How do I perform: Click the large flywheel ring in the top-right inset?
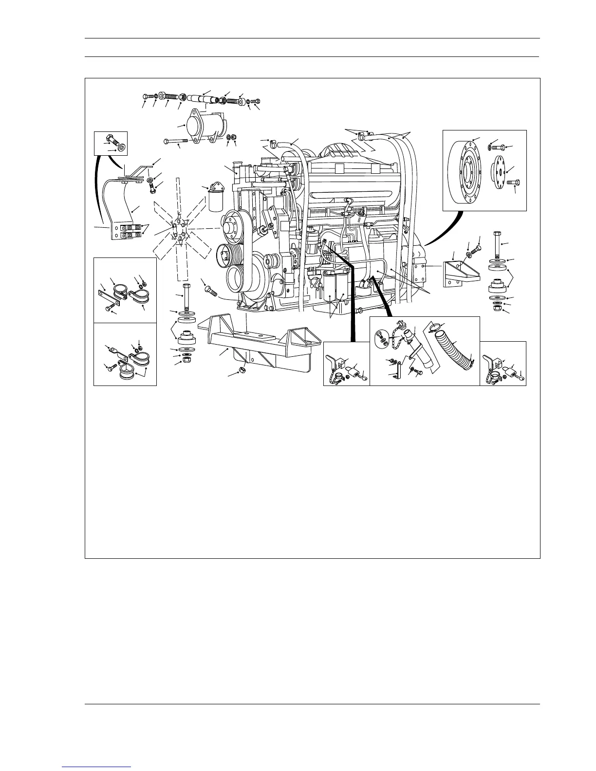[x=465, y=171]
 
